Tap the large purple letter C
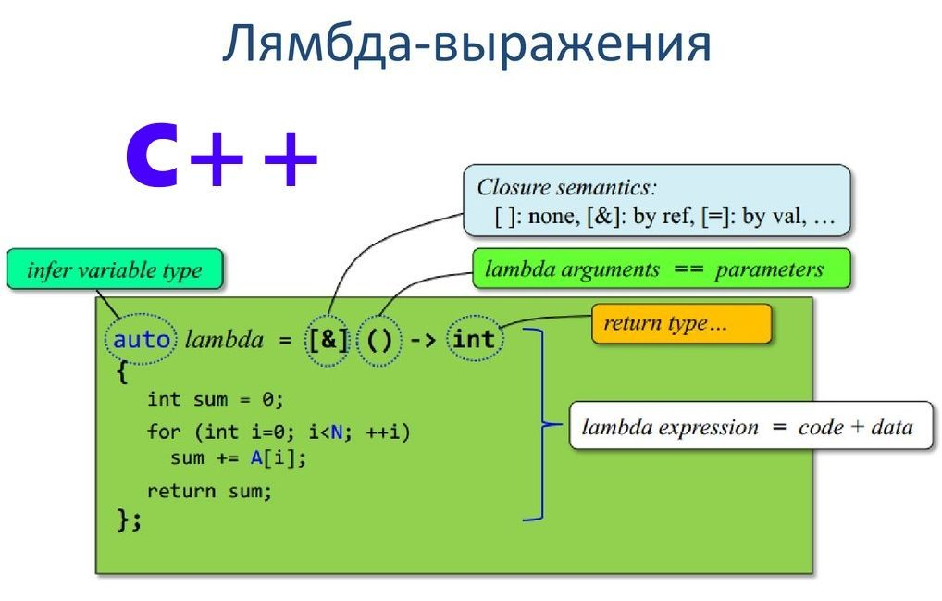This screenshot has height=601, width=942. point(153,157)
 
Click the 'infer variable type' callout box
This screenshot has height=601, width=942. point(115,270)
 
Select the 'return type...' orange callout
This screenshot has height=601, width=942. point(680,324)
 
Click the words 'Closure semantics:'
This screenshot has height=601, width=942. point(566,187)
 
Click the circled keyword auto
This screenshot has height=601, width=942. point(142,339)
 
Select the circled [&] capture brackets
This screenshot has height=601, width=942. point(328,340)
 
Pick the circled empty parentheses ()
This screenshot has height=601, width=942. point(379,340)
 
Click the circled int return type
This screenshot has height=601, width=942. point(474,339)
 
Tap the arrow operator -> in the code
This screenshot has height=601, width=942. point(424,340)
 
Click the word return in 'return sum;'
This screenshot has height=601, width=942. point(181,491)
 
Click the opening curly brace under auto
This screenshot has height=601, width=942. point(122,372)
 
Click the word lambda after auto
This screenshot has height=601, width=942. point(224,340)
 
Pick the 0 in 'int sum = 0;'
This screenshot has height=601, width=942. point(268,399)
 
